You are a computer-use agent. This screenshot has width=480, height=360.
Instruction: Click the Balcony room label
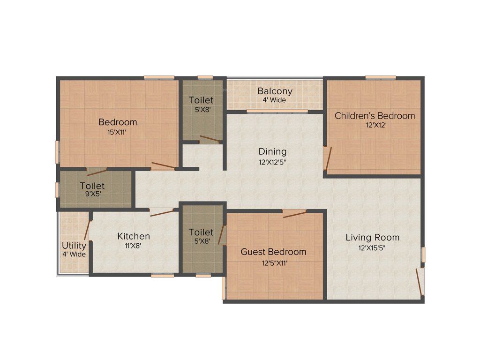click(x=275, y=91)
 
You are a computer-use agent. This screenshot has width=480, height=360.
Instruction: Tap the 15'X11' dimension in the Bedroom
click(x=118, y=132)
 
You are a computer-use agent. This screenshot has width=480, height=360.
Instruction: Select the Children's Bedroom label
click(x=375, y=116)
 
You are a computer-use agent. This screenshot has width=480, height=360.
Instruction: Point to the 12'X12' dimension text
click(x=375, y=126)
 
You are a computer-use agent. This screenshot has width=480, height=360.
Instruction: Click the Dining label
click(x=272, y=151)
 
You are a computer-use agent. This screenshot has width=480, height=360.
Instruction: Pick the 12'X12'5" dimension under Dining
click(x=272, y=162)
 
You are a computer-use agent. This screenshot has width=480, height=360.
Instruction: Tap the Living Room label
click(x=372, y=237)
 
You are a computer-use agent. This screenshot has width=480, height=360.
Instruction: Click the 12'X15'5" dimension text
click(x=372, y=248)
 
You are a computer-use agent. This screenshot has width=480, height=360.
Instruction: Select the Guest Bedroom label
click(x=273, y=252)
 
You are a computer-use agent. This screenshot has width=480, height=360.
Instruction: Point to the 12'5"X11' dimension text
click(x=274, y=263)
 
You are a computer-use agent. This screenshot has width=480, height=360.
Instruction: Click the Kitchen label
click(x=134, y=236)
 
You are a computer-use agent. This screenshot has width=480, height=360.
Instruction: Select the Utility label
click(x=74, y=246)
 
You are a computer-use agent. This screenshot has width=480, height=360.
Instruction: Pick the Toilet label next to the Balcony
click(x=201, y=100)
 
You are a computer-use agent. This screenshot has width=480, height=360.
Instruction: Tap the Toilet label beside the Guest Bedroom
click(x=201, y=232)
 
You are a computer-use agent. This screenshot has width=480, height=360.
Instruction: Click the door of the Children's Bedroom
click(x=329, y=159)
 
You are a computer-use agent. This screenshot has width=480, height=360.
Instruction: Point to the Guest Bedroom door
click(x=294, y=215)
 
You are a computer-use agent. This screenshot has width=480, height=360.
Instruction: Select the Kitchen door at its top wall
click(x=162, y=212)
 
